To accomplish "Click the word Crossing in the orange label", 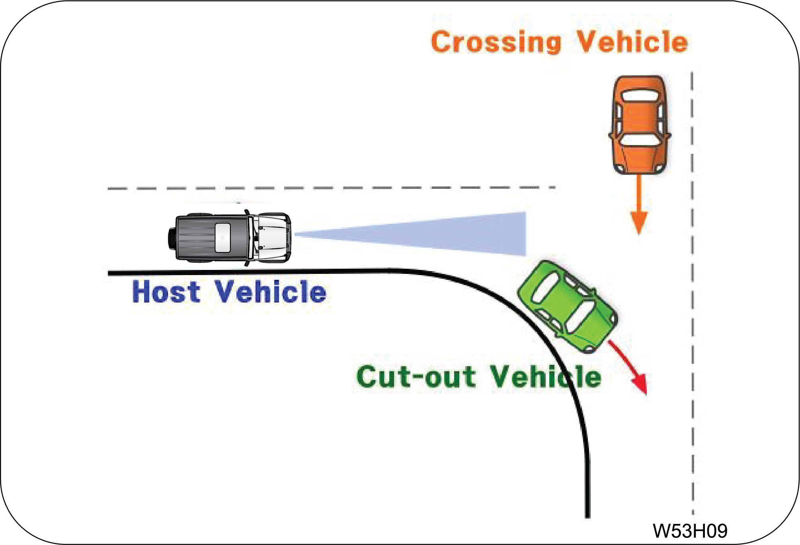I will [x=496, y=42].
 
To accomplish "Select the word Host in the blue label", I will [x=166, y=292].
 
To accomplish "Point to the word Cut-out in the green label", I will [x=416, y=376].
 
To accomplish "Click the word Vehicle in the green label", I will [x=545, y=376].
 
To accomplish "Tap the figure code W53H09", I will [x=690, y=530].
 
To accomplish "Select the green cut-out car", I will [x=568, y=306].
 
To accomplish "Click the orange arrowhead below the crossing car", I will [x=639, y=223].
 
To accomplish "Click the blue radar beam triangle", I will [x=458, y=235].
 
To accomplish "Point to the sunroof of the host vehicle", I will [x=222, y=238].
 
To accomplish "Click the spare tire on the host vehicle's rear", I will [x=172, y=238].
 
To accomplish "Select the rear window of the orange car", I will [x=640, y=96].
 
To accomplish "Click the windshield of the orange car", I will [x=640, y=140].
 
